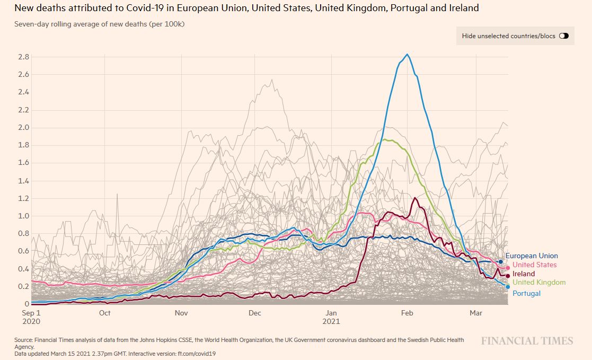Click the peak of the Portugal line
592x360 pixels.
coord(407,54)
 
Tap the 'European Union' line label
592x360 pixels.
coord(532,256)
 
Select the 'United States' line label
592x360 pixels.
coord(535,265)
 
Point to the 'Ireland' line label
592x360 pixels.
coord(524,274)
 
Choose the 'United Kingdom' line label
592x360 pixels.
coord(539,283)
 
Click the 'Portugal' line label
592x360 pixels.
coord(526,293)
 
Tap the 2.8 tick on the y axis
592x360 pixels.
coord(23,57)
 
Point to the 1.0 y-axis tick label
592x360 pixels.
coord(23,216)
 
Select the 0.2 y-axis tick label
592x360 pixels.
coord(23,286)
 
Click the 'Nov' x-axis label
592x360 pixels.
coord(181,313)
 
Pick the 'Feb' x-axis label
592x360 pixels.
coord(407,313)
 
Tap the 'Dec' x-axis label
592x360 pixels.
coord(255,313)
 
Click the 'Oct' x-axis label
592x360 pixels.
coord(104,313)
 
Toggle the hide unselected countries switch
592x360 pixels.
coord(563,36)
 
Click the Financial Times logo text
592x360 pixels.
coord(527,341)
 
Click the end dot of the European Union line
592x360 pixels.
coord(501,261)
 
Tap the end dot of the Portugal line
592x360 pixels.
coord(508,287)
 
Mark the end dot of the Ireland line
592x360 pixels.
coord(508,276)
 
